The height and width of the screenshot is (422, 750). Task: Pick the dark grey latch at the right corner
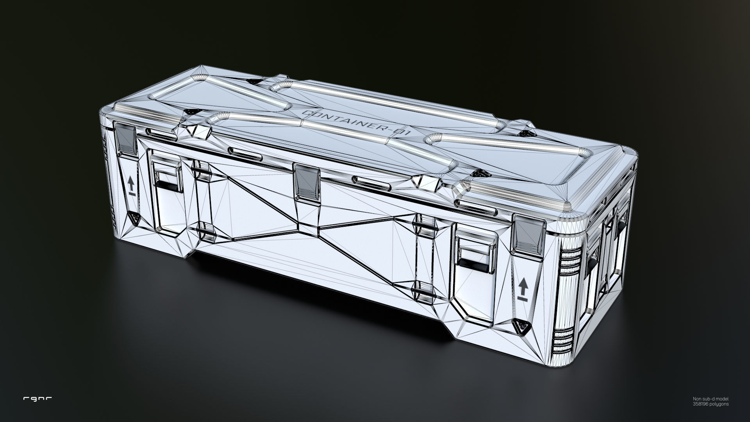click(x=529, y=235)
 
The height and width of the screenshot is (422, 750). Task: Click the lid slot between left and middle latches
click(x=245, y=154)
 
